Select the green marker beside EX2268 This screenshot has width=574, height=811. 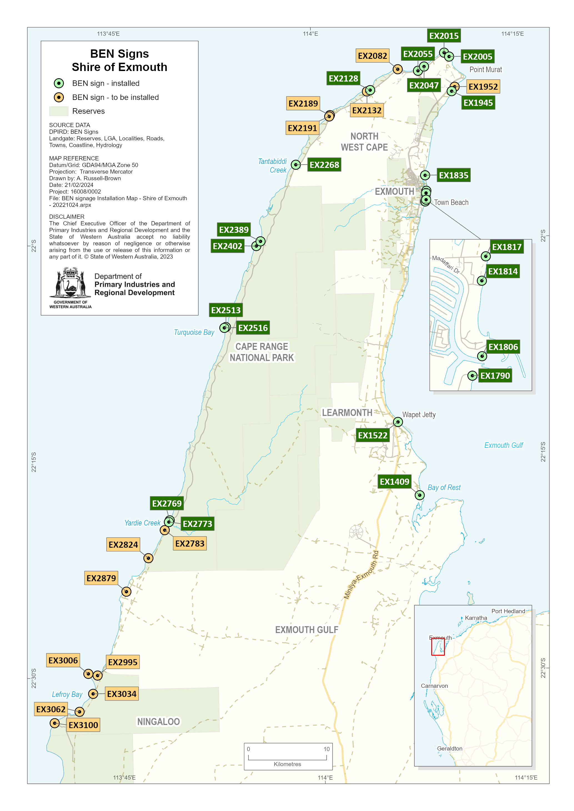pyautogui.click(x=296, y=165)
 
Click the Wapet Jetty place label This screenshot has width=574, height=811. pyautogui.click(x=419, y=415)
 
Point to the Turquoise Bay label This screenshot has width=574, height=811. pyautogui.click(x=194, y=332)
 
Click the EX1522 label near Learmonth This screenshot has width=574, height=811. pyautogui.click(x=373, y=435)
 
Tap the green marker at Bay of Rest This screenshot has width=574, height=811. pyautogui.click(x=420, y=495)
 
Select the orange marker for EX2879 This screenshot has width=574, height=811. pyautogui.click(x=126, y=592)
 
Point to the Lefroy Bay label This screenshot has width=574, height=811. pyautogui.click(x=67, y=694)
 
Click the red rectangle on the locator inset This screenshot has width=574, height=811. pyautogui.click(x=438, y=647)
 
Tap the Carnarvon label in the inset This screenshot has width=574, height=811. pyautogui.click(x=434, y=686)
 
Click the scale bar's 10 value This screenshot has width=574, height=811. pyautogui.click(x=326, y=749)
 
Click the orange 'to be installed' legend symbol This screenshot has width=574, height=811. pyautogui.click(x=59, y=97)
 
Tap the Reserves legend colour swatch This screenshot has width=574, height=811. pyautogui.click(x=59, y=111)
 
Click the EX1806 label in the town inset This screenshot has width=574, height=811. pyautogui.click(x=503, y=347)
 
